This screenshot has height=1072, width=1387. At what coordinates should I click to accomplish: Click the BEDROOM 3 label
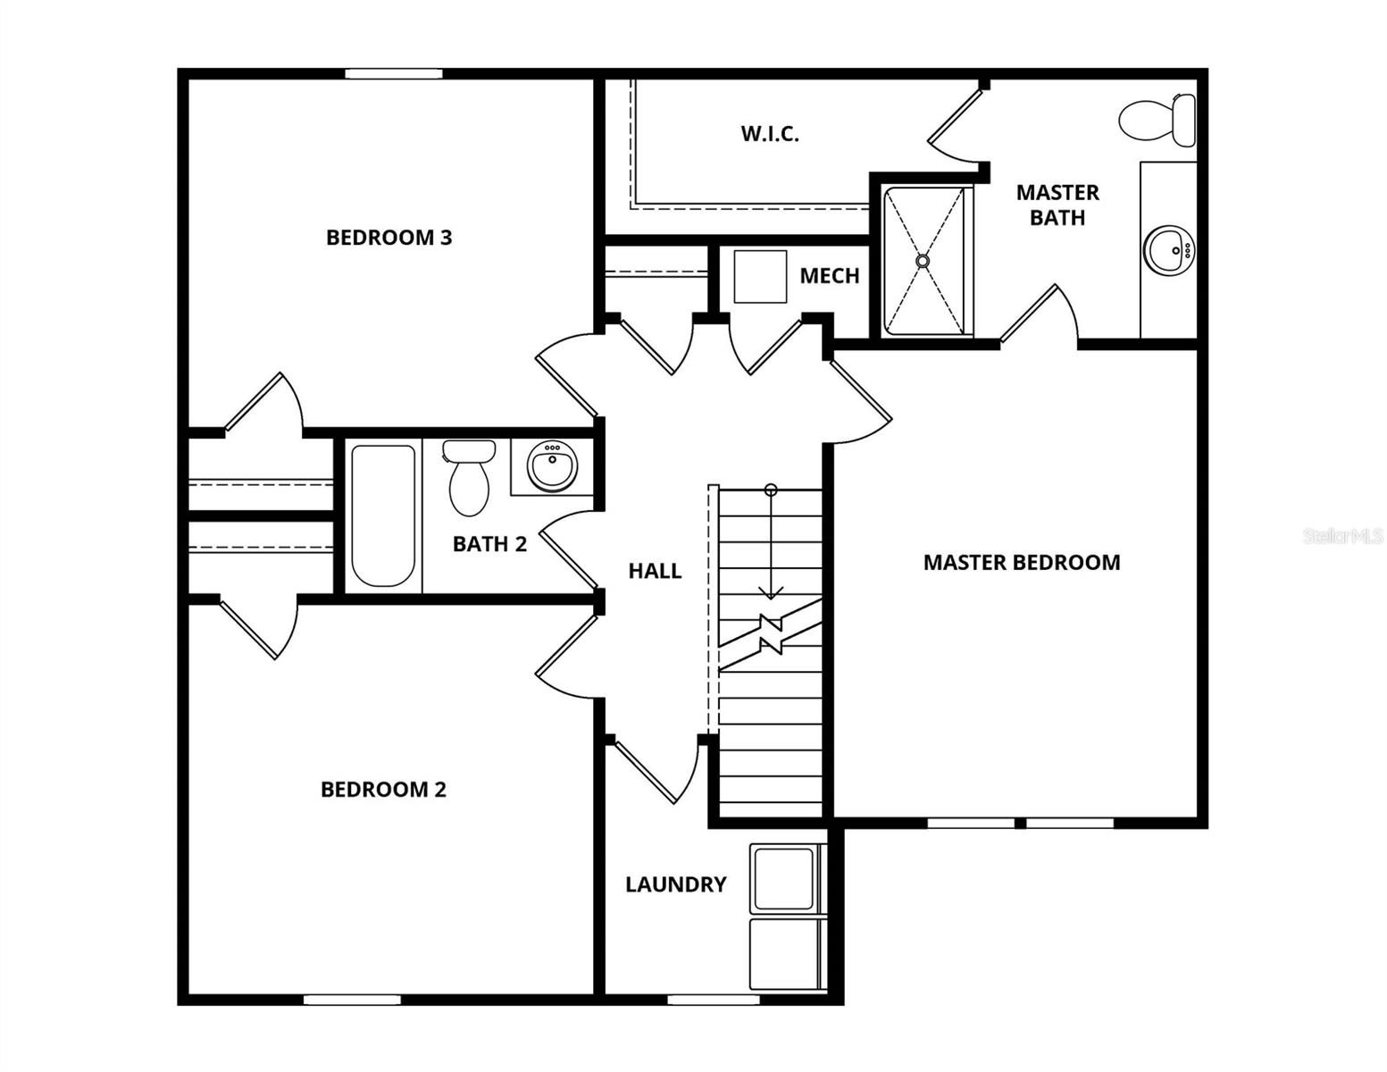click(389, 238)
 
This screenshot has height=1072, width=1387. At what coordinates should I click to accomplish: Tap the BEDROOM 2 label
click(383, 790)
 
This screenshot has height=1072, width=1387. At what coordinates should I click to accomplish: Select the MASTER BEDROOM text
click(1021, 563)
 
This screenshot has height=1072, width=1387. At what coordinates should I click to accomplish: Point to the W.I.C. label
click(769, 134)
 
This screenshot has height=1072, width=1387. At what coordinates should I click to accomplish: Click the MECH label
click(829, 276)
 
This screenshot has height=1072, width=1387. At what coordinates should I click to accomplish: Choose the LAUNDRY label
click(675, 884)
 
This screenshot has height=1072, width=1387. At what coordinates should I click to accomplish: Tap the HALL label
click(655, 571)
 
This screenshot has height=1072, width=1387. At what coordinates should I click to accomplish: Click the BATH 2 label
click(489, 544)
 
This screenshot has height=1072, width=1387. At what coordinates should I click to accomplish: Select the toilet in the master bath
click(1157, 120)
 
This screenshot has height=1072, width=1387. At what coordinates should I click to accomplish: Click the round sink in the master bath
click(1168, 250)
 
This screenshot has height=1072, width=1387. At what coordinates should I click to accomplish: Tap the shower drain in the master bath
click(923, 261)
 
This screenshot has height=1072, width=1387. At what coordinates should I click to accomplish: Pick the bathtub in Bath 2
click(383, 515)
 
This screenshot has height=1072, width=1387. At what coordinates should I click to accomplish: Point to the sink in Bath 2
click(552, 465)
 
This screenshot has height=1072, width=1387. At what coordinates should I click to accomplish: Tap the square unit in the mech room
click(760, 277)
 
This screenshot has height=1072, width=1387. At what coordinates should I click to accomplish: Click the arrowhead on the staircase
click(771, 592)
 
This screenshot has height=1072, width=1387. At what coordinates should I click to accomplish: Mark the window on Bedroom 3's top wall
click(394, 74)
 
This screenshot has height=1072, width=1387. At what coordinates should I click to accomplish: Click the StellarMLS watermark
click(1342, 536)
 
